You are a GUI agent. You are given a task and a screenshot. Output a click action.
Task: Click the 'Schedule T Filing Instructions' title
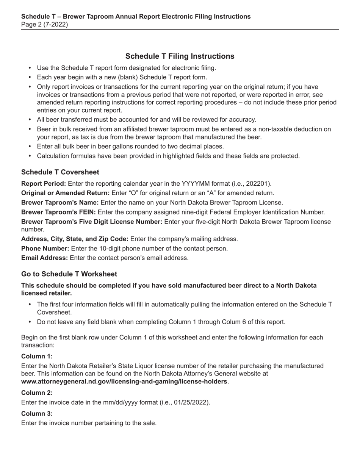point(180,56)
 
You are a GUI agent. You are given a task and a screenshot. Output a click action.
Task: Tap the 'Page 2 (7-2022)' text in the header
point(45,25)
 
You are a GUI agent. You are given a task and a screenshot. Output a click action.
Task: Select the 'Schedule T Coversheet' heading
point(60,172)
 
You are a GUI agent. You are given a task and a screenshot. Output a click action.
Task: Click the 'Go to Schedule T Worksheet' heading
point(69,274)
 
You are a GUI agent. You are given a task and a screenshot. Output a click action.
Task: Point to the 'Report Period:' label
point(44,184)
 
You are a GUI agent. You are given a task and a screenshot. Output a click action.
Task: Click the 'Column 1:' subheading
point(37,357)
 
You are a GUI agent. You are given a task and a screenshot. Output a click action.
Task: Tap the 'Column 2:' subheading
point(37,393)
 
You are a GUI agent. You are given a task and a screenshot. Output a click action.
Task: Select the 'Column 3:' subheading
point(37,414)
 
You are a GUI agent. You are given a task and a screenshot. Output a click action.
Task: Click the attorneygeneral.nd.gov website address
point(124,382)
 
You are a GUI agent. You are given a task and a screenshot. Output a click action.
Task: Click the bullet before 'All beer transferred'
point(30,120)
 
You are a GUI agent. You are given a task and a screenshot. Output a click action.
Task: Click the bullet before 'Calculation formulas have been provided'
point(30,156)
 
